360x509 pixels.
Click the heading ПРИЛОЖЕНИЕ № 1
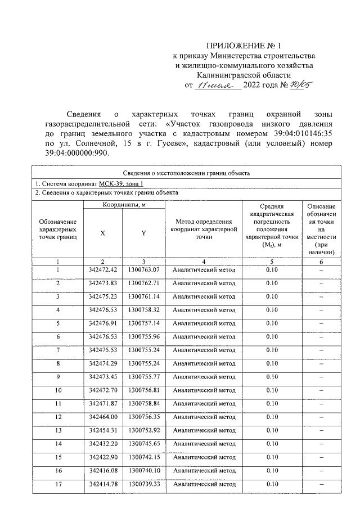[244, 45]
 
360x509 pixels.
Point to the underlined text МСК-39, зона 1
[123, 183]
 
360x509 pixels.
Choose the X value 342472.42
[102, 270]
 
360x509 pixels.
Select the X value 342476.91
[102, 323]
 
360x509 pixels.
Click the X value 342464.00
[102, 417]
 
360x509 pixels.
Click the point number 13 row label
[58, 430]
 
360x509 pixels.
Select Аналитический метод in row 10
[204, 390]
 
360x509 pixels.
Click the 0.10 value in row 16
[272, 470]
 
